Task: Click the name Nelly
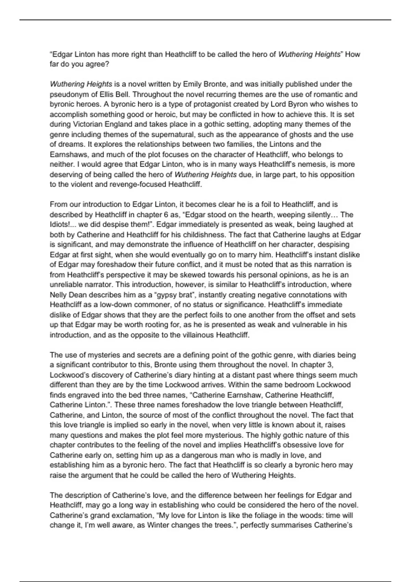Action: [x=59, y=295]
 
